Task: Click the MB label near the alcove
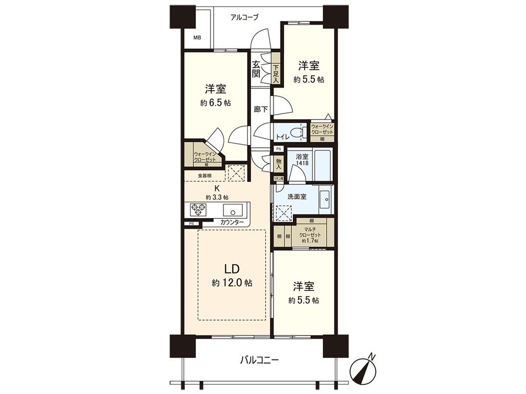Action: pos(197,38)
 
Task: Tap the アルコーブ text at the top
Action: pos(245,17)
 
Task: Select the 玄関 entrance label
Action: pos(256,69)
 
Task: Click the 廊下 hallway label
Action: pos(260,109)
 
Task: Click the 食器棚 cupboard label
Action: pos(204,175)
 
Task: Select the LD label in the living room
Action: pos(231,269)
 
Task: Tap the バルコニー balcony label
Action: pos(259,360)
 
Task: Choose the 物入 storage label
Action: pos(279,164)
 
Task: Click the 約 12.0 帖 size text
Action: pos(231,283)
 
